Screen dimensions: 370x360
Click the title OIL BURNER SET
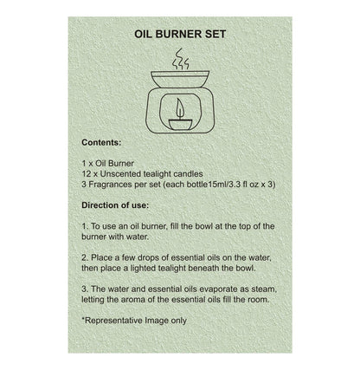pyautogui.click(x=179, y=38)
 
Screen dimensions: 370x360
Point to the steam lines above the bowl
pyautogui.click(x=179, y=60)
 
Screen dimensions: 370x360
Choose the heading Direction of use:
pyautogui.click(x=118, y=208)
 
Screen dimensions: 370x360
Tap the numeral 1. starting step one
pyautogui.click(x=85, y=226)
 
